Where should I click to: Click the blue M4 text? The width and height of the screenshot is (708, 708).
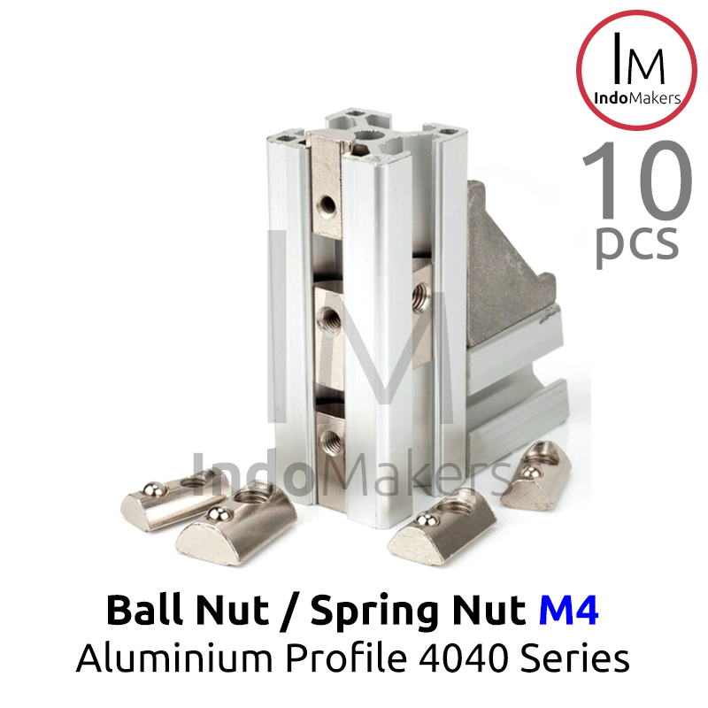click(568, 610)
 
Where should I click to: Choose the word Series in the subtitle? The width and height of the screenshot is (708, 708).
click(574, 658)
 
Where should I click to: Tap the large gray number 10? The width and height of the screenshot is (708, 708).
click(637, 181)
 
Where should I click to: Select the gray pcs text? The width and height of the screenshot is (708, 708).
click(637, 244)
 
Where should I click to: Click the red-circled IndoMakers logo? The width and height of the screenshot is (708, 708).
click(636, 71)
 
